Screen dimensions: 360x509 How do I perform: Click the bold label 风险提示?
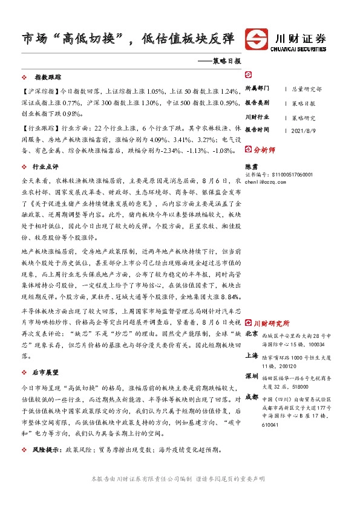pyautogui.click(x=47, y=450)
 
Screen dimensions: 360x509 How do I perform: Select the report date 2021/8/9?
pyautogui.click(x=304, y=130)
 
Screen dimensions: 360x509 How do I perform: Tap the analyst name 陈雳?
pyautogui.click(x=252, y=166)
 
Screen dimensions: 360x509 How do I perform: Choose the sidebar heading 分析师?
pyautogui.click(x=264, y=150)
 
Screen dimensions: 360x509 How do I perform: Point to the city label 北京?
pyautogui.click(x=252, y=334)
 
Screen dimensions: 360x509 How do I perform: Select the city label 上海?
pyautogui.click(x=252, y=357)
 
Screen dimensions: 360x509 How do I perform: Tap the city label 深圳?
pyautogui.click(x=252, y=376)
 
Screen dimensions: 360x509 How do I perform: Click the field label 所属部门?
pyautogui.click(x=257, y=88)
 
